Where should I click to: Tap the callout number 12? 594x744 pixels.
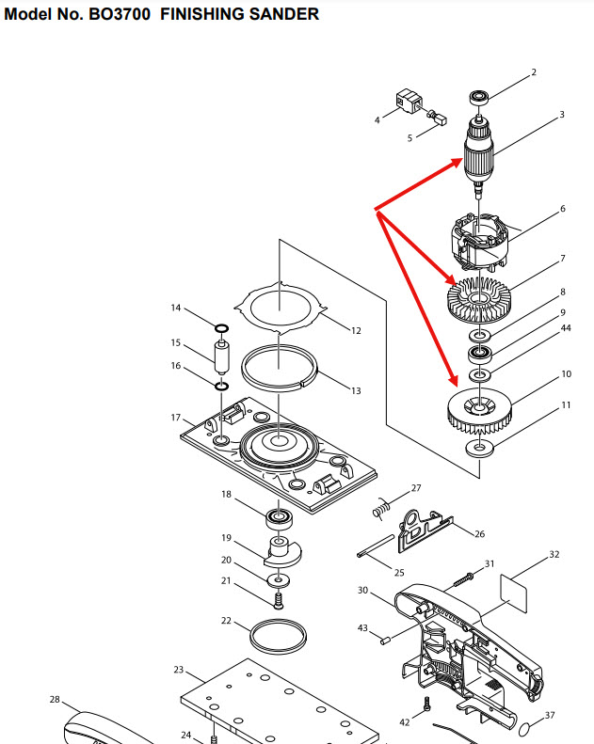pos(356,330)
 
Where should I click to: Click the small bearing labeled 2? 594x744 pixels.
pos(479,96)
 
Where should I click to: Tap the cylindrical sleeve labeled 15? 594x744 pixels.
pos(221,357)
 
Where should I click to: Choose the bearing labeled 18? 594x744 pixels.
pos(278,517)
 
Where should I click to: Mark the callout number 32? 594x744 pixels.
pos(554,555)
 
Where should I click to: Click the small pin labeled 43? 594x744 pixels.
pos(384,641)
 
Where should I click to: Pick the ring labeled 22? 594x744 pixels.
pos(280,637)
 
